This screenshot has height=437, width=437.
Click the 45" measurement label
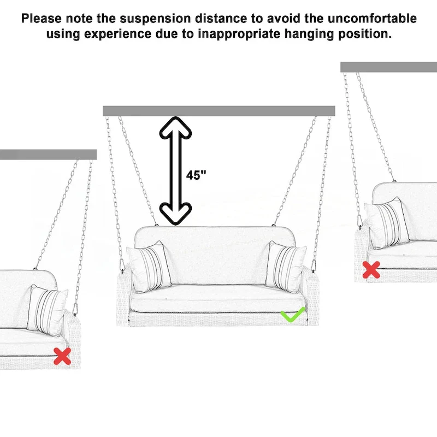[x=196, y=175]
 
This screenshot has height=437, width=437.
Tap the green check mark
[x=292, y=316]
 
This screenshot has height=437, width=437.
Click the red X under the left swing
[x=62, y=356]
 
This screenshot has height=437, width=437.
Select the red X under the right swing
[x=371, y=270]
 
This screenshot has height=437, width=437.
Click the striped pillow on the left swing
[x=48, y=310]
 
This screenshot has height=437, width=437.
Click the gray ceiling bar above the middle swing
[x=218, y=111]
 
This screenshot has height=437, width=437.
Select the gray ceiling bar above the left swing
[x=48, y=155]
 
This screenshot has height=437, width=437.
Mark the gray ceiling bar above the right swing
[x=388, y=67]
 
